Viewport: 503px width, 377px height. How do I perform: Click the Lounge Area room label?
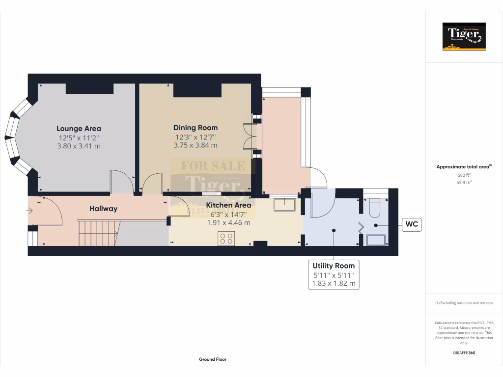(x=79, y=129)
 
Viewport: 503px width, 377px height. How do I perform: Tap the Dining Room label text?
(x=196, y=128)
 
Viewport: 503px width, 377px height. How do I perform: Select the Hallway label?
(x=103, y=209)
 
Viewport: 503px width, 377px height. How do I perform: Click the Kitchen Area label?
(x=228, y=205)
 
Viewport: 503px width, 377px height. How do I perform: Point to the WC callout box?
(x=412, y=225)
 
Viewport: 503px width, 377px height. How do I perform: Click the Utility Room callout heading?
(x=334, y=266)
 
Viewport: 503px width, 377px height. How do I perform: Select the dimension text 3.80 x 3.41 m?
(x=79, y=146)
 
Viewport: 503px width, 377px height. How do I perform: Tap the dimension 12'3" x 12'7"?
(x=196, y=137)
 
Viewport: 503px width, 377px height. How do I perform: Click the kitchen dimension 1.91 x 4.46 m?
(x=228, y=222)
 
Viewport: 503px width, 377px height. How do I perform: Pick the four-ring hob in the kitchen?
(x=226, y=238)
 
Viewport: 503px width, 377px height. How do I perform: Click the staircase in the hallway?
(x=98, y=233)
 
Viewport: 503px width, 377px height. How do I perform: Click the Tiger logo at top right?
(x=464, y=37)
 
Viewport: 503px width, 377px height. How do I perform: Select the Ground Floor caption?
(x=213, y=359)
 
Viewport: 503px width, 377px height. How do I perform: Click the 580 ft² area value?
(x=464, y=175)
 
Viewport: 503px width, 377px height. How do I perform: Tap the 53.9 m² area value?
(x=464, y=182)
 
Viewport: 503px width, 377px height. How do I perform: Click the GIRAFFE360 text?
(x=464, y=353)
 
